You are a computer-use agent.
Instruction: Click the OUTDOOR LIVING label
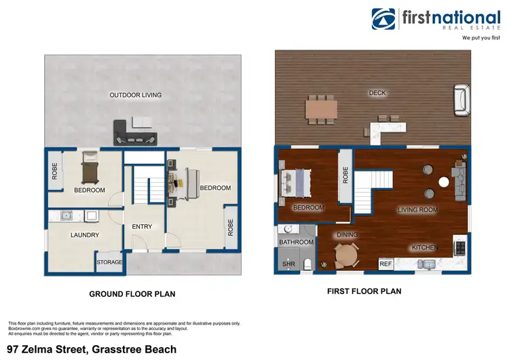(x=136, y=95)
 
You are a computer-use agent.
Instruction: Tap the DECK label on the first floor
(x=377, y=93)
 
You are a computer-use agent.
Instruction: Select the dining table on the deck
(x=321, y=109)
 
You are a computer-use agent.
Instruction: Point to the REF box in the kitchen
(x=386, y=264)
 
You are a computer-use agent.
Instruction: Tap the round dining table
(x=347, y=255)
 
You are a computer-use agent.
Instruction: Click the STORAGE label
(x=110, y=262)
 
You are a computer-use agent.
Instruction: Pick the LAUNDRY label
(x=85, y=235)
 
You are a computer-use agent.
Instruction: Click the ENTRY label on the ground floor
(x=142, y=227)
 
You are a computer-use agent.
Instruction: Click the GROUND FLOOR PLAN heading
(x=132, y=294)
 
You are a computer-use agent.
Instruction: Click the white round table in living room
(x=443, y=182)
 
